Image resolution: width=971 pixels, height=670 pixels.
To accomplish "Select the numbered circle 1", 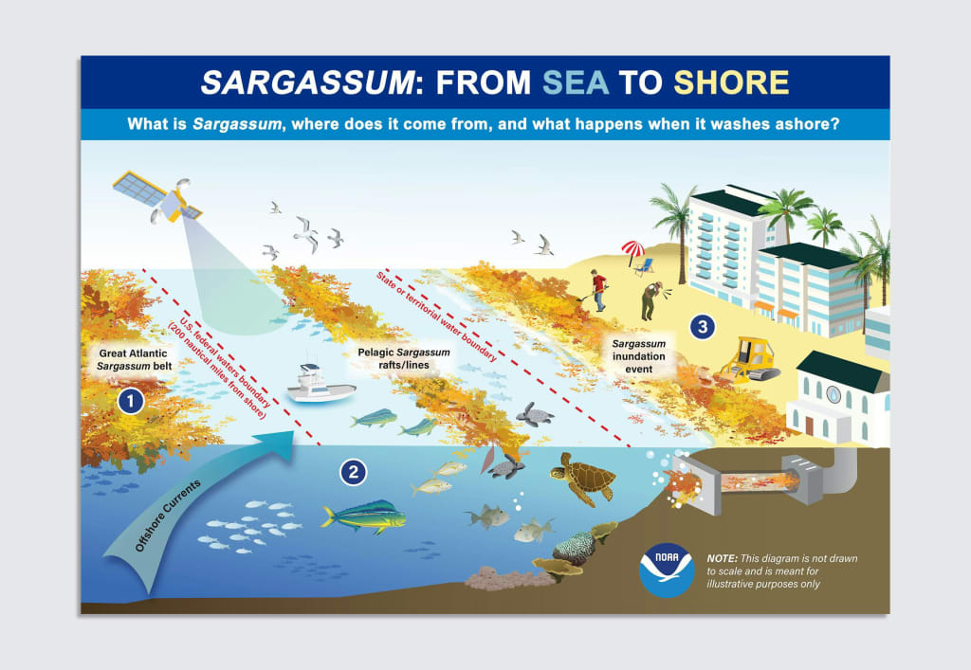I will click(x=130, y=402).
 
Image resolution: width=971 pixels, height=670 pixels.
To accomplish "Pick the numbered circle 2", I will click(x=353, y=471).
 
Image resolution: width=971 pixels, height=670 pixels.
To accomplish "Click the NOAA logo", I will click(x=667, y=569).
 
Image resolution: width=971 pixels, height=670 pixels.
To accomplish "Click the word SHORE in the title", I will click(x=731, y=83).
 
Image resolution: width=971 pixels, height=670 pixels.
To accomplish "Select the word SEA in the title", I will click(x=576, y=83).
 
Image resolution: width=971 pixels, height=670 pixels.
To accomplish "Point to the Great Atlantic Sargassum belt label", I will click(x=134, y=359).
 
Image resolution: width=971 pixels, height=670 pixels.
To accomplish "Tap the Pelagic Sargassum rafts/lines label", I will click(x=404, y=358).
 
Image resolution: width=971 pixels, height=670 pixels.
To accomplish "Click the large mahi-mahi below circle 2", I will click(x=363, y=517).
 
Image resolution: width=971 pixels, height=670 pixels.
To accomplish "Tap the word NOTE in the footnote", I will click(x=724, y=559).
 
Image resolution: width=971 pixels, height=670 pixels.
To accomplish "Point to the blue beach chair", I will click(x=646, y=266).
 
